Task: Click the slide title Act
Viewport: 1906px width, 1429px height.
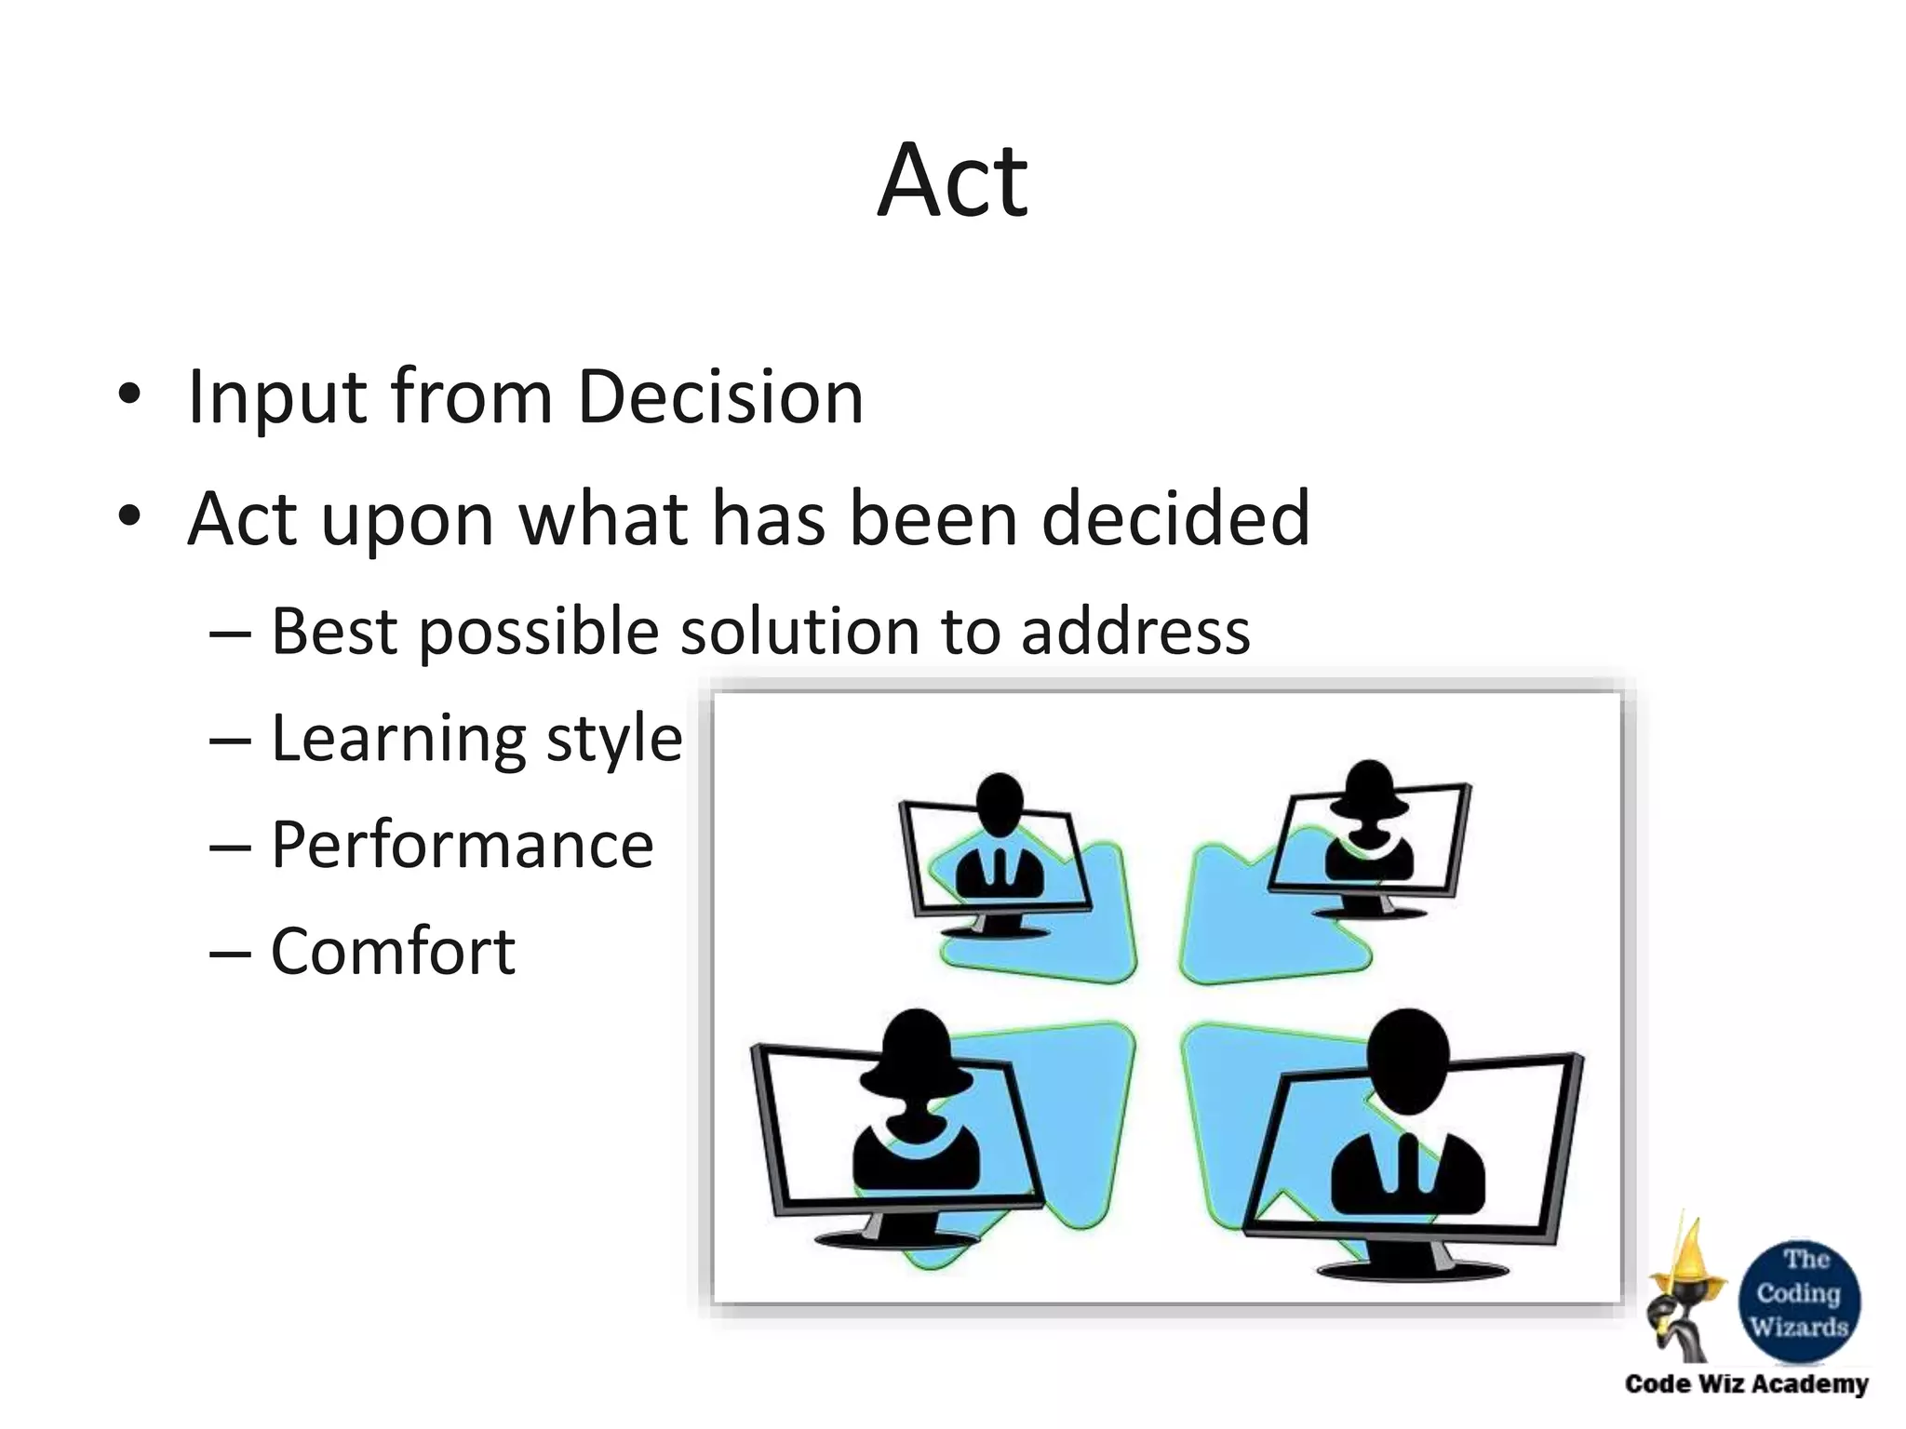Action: coord(952,180)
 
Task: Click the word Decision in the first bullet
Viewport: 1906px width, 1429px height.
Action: coord(720,397)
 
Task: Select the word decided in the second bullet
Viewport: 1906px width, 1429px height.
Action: coord(1175,518)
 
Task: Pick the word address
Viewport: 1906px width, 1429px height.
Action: coord(1134,632)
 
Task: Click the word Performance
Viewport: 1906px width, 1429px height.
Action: coord(462,845)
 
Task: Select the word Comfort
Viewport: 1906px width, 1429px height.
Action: coord(393,951)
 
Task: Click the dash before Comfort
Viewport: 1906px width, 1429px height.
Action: coord(230,953)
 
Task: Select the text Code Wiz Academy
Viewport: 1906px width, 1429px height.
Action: coord(1746,1384)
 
